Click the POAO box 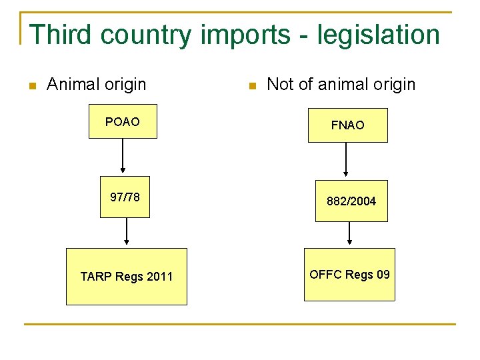(x=123, y=121)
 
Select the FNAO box (x=347, y=125)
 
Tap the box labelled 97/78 (x=125, y=197)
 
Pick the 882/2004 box (x=351, y=201)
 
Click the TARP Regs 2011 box (x=126, y=276)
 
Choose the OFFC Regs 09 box (x=349, y=274)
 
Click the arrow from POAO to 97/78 (x=123, y=157)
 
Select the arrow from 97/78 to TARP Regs (x=126, y=233)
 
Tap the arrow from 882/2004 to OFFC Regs (x=350, y=234)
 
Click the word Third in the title (x=57, y=35)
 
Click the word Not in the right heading (x=280, y=84)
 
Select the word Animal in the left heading (x=70, y=84)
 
